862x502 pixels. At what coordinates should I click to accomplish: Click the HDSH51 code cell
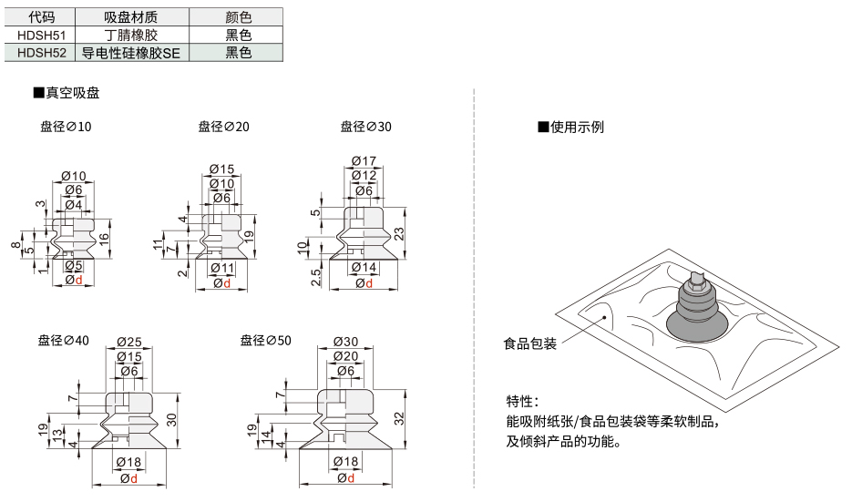(x=41, y=36)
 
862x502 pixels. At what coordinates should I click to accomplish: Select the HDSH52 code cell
(x=41, y=53)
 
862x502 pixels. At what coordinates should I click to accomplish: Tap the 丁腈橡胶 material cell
(x=131, y=36)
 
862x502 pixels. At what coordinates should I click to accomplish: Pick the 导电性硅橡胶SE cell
(x=131, y=53)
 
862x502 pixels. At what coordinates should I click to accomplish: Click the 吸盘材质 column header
(x=131, y=17)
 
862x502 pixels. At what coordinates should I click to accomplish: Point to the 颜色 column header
(x=238, y=17)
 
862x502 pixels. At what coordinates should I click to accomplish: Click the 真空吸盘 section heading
(x=67, y=93)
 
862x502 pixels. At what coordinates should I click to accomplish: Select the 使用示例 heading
(x=570, y=127)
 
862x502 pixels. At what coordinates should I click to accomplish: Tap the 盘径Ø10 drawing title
(x=66, y=127)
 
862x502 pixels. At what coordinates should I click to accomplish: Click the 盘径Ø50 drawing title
(x=265, y=341)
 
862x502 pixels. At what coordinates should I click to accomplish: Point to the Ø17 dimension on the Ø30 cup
(x=364, y=160)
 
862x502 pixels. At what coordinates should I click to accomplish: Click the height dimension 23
(x=399, y=233)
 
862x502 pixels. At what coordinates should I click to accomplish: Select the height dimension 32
(x=399, y=418)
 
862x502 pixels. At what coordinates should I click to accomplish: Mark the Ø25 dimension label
(x=129, y=342)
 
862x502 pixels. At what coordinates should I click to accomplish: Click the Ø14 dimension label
(x=364, y=267)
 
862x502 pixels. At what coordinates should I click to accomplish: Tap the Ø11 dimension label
(x=222, y=268)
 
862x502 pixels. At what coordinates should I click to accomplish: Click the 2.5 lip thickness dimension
(x=316, y=278)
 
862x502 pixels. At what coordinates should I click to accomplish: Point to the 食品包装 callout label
(x=530, y=343)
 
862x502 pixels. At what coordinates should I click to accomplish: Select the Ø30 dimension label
(x=345, y=342)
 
